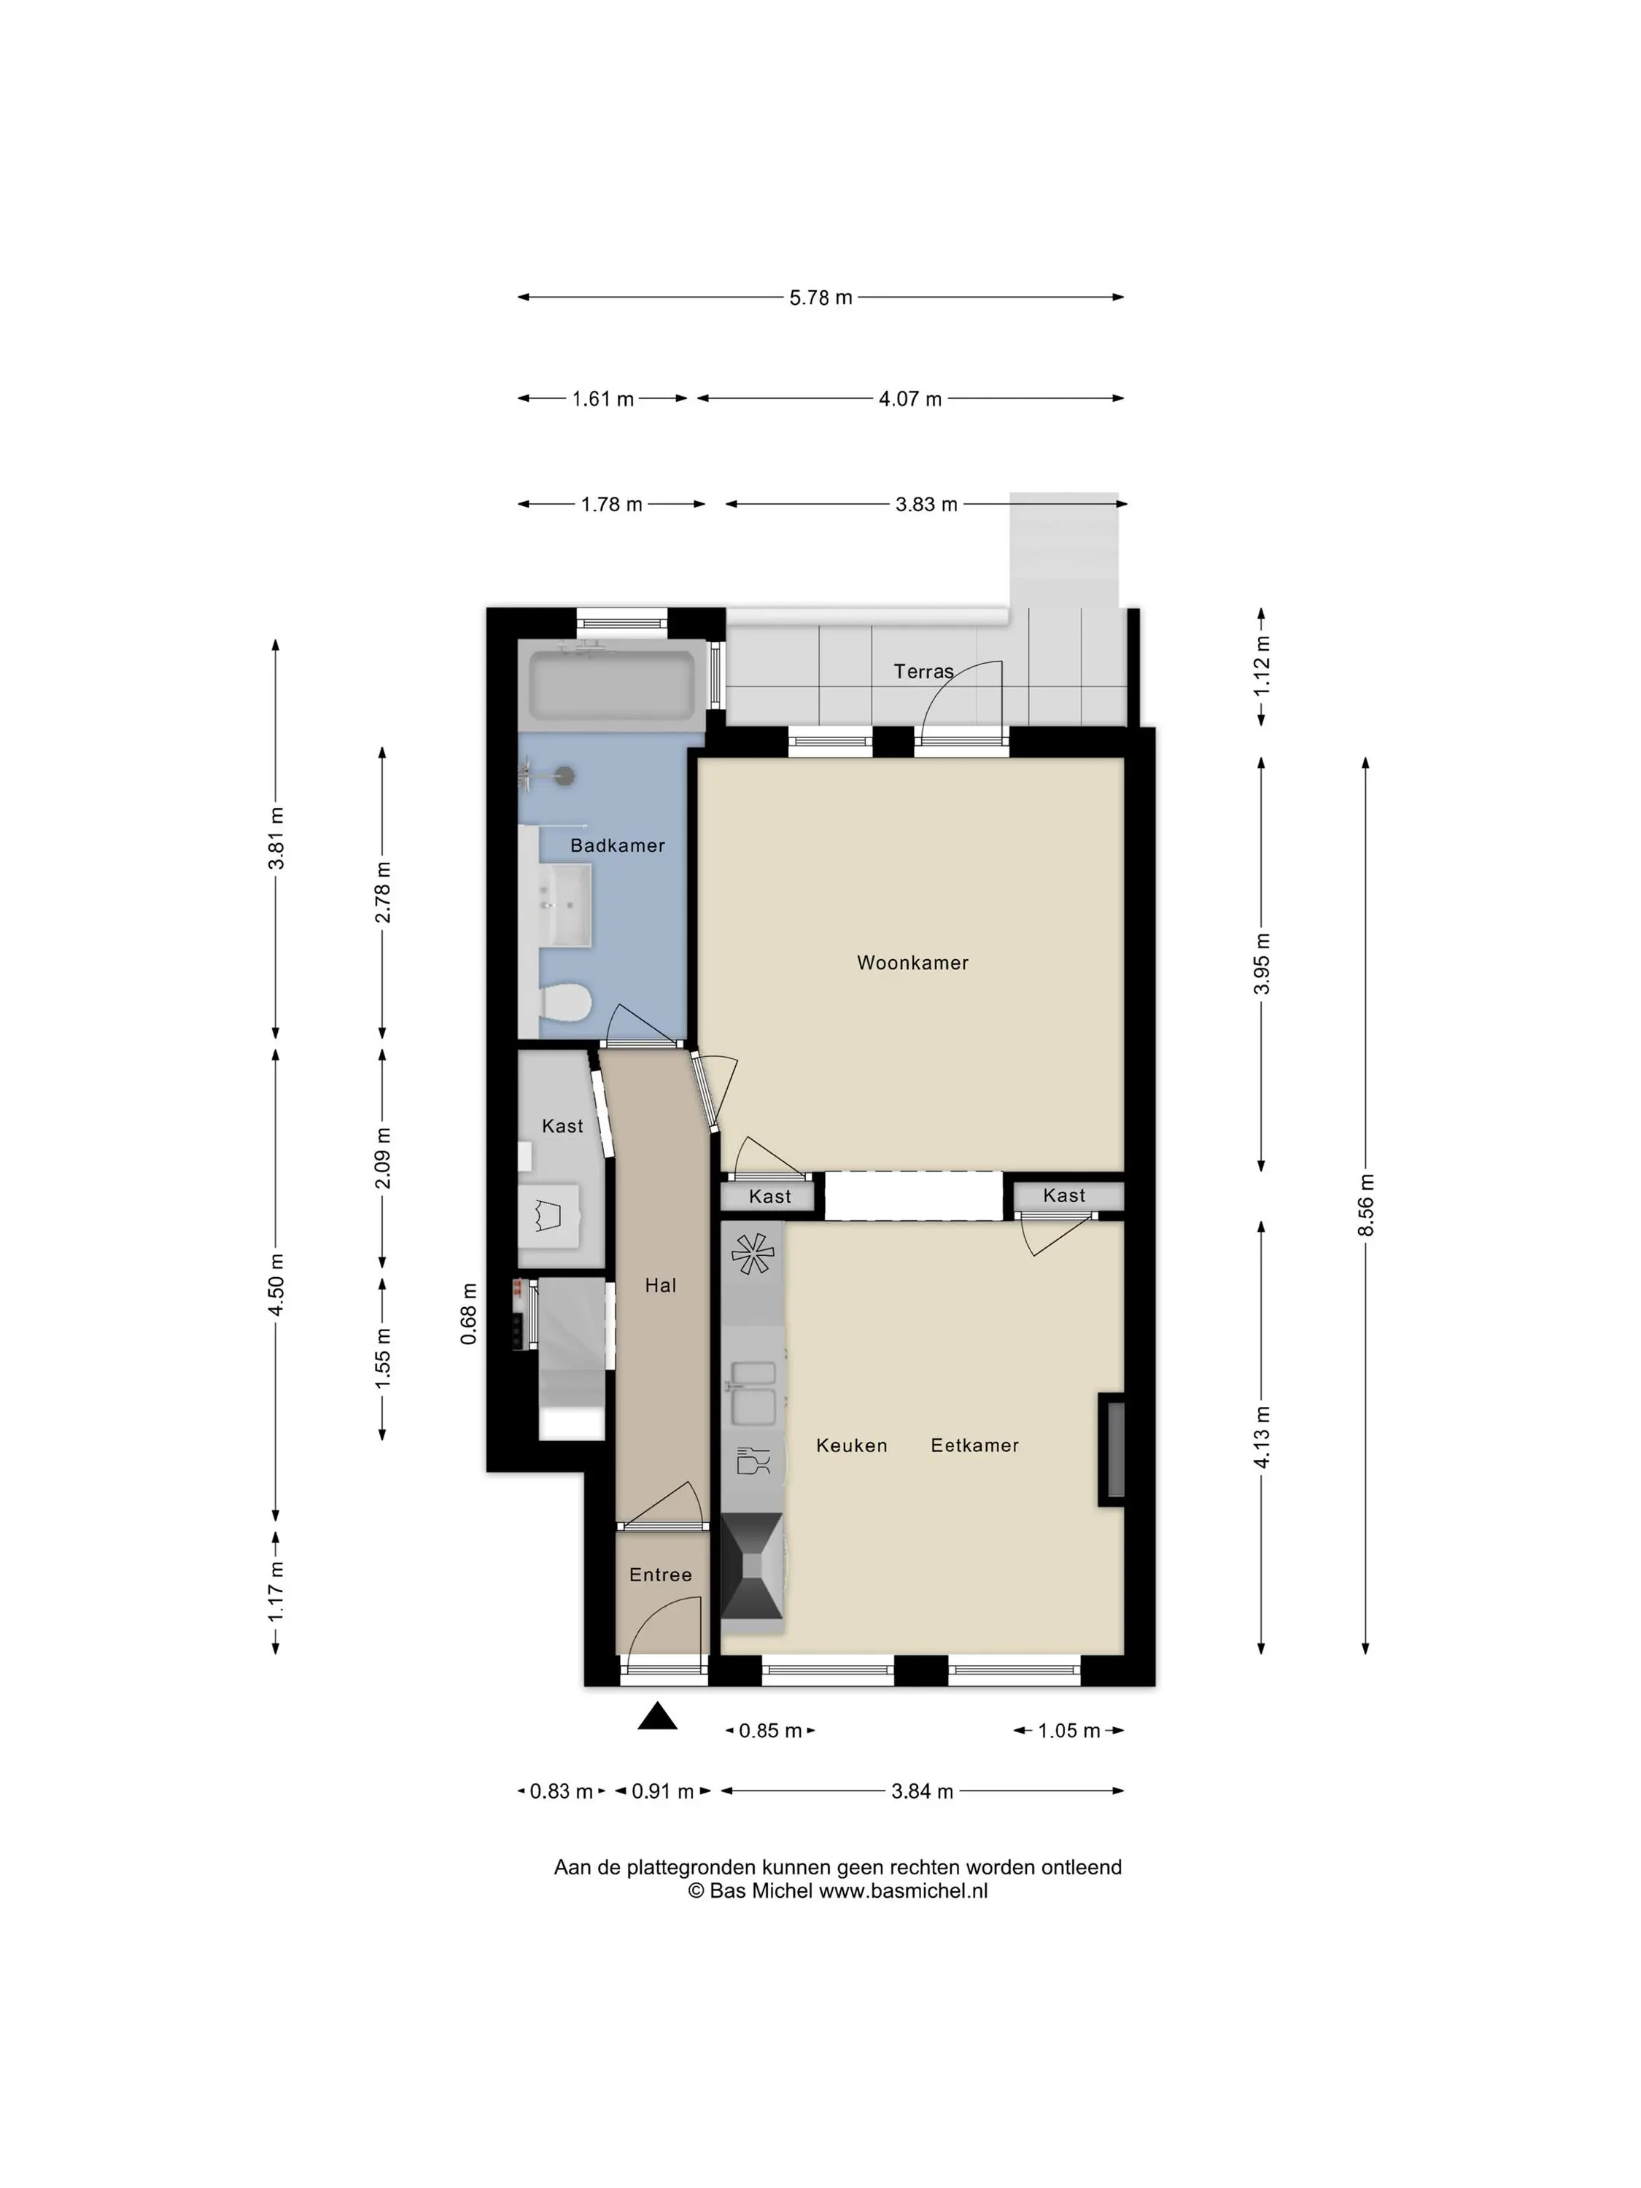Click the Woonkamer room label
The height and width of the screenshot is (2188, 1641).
912,963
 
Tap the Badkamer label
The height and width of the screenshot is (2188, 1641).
617,846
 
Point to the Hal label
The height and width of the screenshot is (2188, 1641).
660,1285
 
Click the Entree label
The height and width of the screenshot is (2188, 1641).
660,1575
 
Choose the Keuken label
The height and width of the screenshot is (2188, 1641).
850,1445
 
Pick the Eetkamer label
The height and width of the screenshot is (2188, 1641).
974,1445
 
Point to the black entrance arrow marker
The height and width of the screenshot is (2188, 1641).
657,1716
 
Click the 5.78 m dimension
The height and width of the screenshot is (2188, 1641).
820,298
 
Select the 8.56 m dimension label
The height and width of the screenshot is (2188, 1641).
1365,1205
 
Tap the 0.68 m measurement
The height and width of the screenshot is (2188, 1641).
469,1314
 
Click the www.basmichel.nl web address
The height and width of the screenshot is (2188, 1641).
903,1891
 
